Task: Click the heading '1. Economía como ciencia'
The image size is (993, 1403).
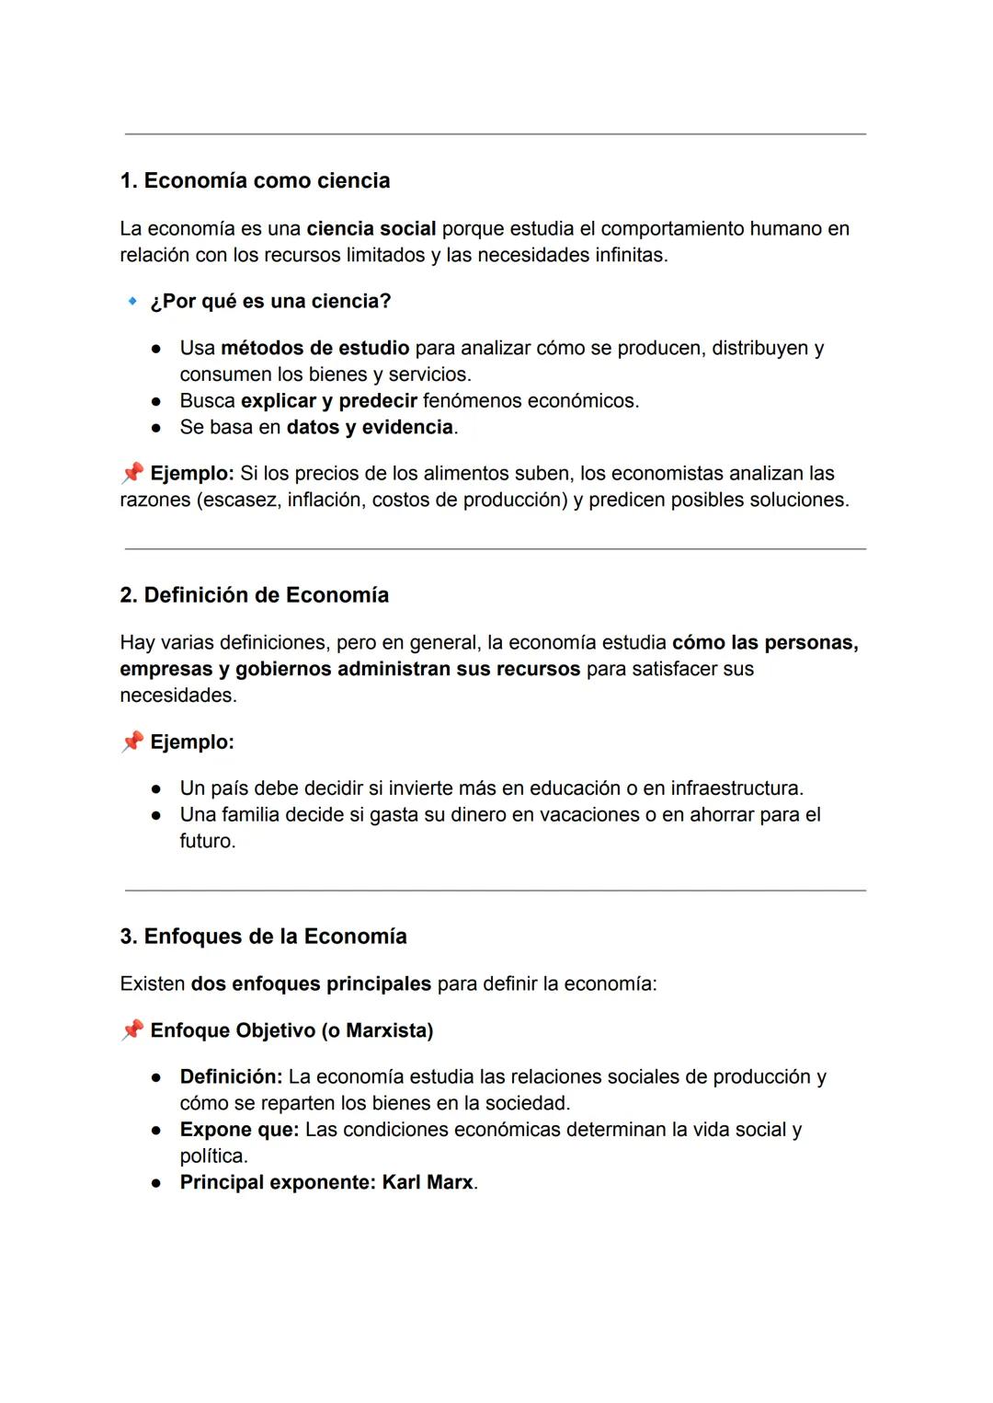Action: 255,180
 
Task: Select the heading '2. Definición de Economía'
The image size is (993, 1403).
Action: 254,595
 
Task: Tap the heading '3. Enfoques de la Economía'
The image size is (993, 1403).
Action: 263,937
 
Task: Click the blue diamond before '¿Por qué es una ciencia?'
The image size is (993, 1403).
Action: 132,301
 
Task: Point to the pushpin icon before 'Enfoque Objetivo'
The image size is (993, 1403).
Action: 132,1029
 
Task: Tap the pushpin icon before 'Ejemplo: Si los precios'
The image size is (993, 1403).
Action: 132,473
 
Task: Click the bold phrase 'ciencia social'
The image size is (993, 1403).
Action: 371,228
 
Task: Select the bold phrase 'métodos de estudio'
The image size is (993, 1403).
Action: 314,348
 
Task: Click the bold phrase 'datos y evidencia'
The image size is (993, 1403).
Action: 370,427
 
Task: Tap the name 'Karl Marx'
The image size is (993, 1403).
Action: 428,1182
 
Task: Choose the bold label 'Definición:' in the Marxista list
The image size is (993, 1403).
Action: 231,1076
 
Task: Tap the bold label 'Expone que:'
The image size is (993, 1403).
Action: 239,1130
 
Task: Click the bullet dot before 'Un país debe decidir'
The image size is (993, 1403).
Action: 157,788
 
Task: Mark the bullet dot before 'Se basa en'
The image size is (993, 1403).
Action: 157,428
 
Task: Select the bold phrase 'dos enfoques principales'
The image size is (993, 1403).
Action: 311,983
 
